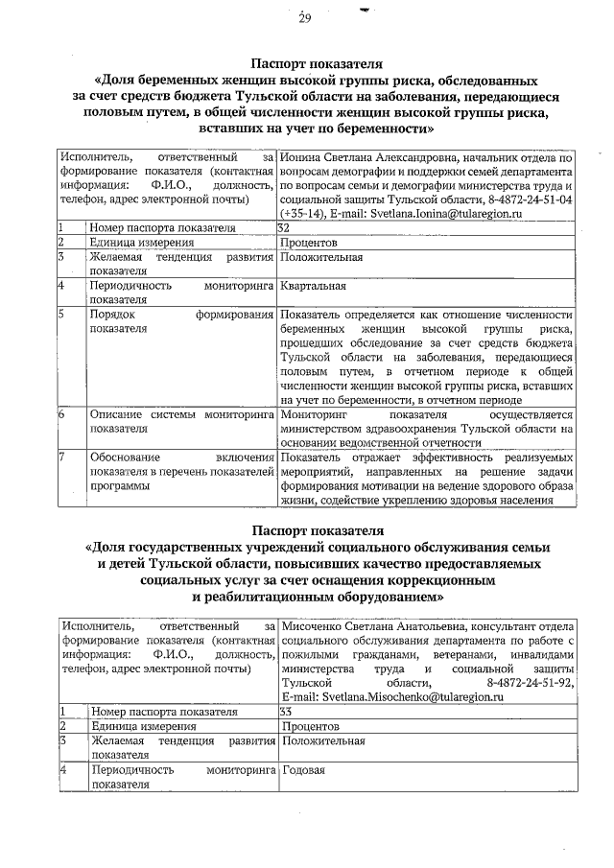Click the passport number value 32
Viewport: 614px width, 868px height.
pyautogui.click(x=284, y=227)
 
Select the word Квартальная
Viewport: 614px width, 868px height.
pyautogui.click(x=314, y=285)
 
